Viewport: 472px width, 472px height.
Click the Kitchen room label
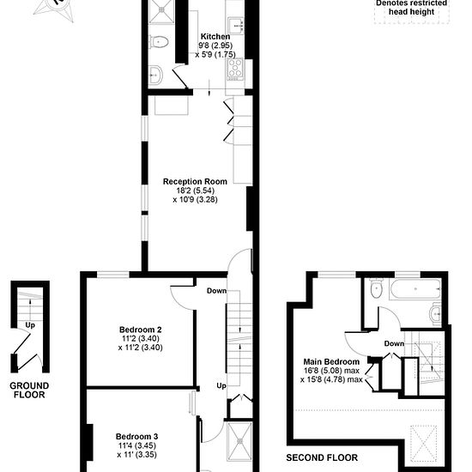pyautogui.click(x=215, y=37)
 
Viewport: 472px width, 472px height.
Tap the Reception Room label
pyautogui.click(x=195, y=182)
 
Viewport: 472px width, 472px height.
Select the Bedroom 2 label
pyautogui.click(x=140, y=330)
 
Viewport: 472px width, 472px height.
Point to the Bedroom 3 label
pyautogui.click(x=137, y=437)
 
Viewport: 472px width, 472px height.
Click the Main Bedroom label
pyautogui.click(x=331, y=361)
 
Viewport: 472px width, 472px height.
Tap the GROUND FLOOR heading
pyautogui.click(x=29, y=390)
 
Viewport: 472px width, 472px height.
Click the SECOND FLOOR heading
pyautogui.click(x=322, y=458)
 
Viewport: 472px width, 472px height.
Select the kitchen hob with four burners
pyautogui.click(x=235, y=69)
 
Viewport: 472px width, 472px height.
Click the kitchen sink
pyautogui.click(x=236, y=25)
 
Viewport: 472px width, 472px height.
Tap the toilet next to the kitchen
pyautogui.click(x=159, y=41)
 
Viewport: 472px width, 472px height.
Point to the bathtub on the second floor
pyautogui.click(x=415, y=289)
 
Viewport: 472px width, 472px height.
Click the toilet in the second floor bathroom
pyautogui.click(x=376, y=288)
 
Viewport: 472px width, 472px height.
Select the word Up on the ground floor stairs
pyautogui.click(x=30, y=325)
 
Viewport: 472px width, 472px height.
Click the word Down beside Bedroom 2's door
pyautogui.click(x=216, y=291)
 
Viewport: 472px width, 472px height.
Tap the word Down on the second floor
pyautogui.click(x=394, y=343)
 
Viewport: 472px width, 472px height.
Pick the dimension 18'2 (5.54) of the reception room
pyautogui.click(x=196, y=191)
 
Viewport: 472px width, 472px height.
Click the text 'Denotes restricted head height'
pyautogui.click(x=411, y=8)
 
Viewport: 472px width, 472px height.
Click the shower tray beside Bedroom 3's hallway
pyautogui.click(x=239, y=441)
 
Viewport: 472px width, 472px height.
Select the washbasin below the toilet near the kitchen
pyautogui.click(x=156, y=75)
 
